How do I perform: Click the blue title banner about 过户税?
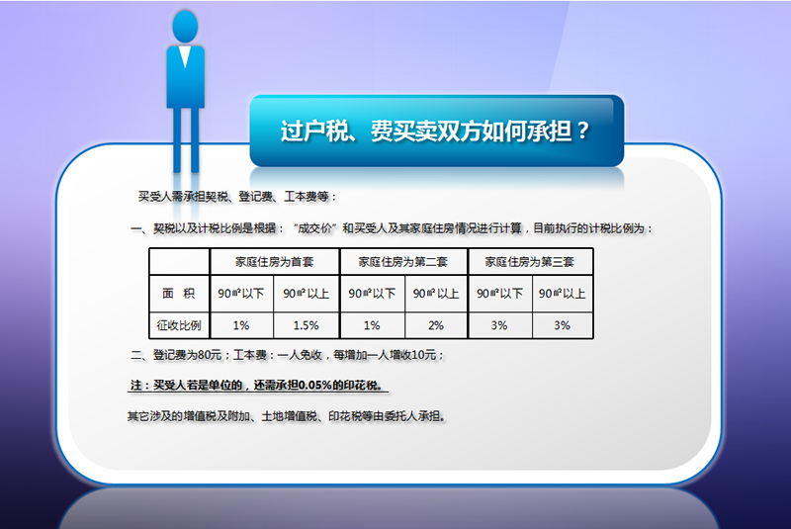[x=437, y=131]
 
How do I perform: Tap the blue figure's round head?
[x=185, y=27]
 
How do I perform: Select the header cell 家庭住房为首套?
[x=275, y=262]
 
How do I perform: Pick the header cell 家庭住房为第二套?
[x=403, y=262]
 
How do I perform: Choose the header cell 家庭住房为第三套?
[x=530, y=262]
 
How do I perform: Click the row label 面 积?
[x=179, y=294]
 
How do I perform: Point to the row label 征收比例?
[x=179, y=325]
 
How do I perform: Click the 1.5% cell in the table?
[x=307, y=325]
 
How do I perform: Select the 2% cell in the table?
[x=436, y=325]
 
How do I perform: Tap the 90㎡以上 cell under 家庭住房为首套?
[x=307, y=294]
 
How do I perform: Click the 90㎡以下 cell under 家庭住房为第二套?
[x=373, y=294]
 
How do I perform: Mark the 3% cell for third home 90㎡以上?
[x=562, y=325]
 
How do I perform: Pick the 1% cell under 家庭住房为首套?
[x=241, y=325]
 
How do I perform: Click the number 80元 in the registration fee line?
[x=210, y=355]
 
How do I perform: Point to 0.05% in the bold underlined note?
[x=315, y=386]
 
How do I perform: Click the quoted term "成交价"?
[x=315, y=228]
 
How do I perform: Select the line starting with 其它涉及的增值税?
[x=287, y=416]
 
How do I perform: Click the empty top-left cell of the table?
[x=179, y=262]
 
